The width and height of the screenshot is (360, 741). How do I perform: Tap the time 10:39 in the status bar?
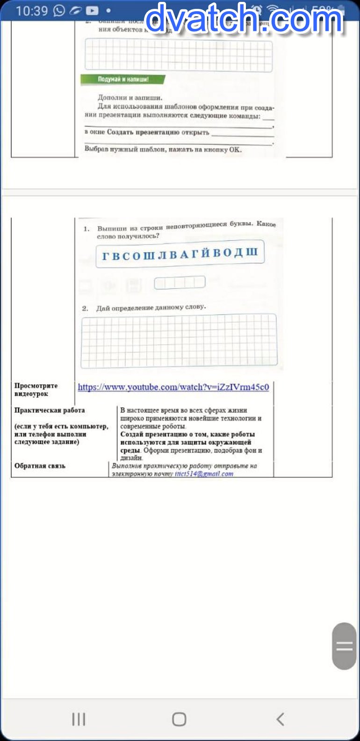point(32,10)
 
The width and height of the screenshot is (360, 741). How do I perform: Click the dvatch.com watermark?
point(244,19)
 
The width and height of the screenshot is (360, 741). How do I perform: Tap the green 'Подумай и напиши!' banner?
point(123,79)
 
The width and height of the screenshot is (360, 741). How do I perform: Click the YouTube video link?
point(173,387)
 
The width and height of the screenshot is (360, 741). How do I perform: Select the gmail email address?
point(204,474)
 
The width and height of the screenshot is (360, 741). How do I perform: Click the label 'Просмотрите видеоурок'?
point(36,389)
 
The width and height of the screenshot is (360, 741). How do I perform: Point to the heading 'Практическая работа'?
point(50,410)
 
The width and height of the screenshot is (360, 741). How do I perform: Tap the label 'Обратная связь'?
point(40,466)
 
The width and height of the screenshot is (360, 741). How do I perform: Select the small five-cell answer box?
point(180,282)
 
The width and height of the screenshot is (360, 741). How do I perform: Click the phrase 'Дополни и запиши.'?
point(130,98)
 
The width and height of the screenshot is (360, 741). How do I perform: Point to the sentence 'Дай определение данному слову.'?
point(151,308)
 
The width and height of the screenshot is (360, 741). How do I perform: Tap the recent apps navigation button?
point(79,719)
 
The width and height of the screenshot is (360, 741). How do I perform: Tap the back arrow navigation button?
point(280,719)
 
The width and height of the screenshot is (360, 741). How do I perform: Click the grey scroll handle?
point(344,646)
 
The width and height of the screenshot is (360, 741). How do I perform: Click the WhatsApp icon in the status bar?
point(59,10)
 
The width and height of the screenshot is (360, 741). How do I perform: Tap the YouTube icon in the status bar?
point(92,10)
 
